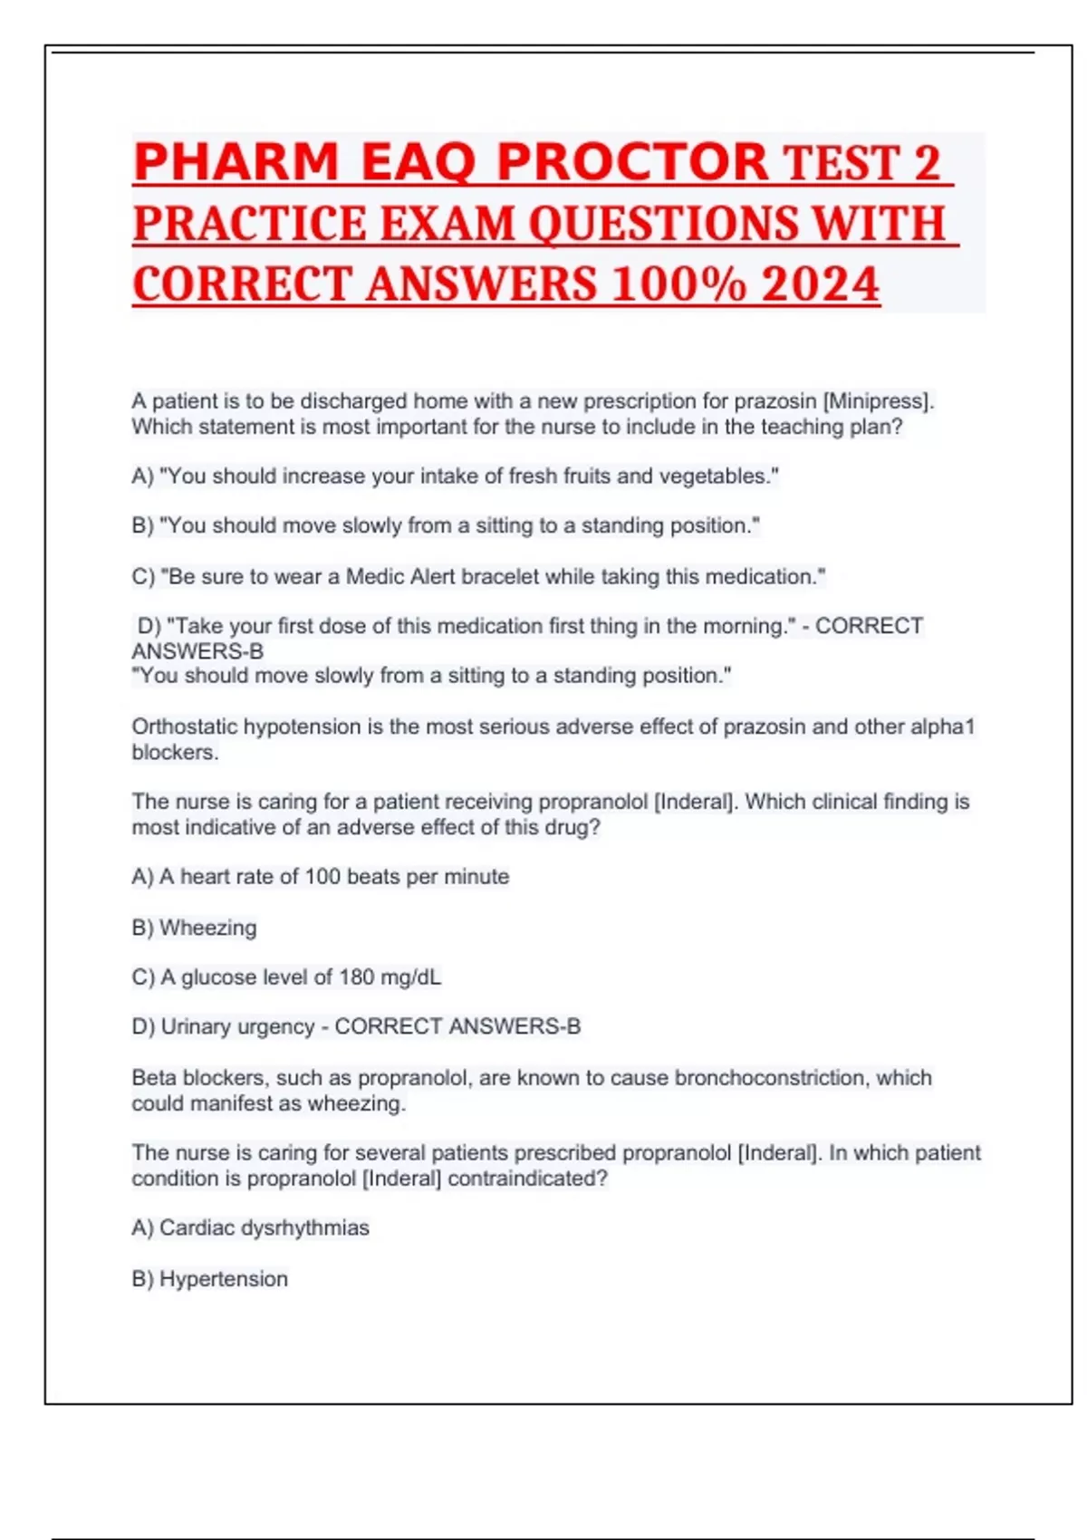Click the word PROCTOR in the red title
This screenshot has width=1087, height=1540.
click(x=632, y=163)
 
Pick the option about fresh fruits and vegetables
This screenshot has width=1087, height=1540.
click(x=455, y=476)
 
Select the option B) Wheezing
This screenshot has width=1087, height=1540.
click(x=194, y=928)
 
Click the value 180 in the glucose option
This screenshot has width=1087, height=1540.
click(x=356, y=977)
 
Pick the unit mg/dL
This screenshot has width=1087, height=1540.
click(x=411, y=977)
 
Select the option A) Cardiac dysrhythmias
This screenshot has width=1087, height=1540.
click(x=250, y=1227)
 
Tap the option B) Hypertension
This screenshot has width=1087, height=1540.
click(x=209, y=1278)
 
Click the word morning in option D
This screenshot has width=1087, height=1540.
click(x=740, y=626)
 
